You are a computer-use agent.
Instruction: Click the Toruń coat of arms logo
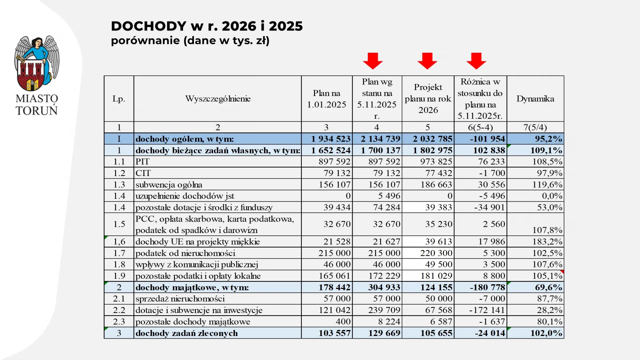37,63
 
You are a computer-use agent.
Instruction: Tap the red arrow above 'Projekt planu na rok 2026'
427,61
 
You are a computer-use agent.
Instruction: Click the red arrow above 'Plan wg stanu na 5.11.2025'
373,61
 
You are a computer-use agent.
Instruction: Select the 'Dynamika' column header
535,99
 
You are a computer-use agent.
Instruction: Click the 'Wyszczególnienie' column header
218,99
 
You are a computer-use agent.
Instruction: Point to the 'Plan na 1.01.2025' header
327,99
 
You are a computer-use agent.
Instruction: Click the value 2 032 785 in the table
433,139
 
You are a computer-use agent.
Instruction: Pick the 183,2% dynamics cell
547,242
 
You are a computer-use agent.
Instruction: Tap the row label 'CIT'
143,173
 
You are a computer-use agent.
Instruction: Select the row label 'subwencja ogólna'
169,185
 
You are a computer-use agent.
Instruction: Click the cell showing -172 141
487,310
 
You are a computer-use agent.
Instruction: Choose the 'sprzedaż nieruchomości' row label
180,299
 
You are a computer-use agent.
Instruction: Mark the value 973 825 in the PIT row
436,162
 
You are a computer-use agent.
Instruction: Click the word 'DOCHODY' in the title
149,26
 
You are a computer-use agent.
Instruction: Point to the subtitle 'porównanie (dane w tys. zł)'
190,41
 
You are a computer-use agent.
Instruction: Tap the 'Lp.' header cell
119,99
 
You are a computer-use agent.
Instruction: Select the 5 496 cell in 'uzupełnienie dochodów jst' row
389,196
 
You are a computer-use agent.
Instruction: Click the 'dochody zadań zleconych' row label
187,333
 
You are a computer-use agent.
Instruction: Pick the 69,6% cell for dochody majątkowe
548,287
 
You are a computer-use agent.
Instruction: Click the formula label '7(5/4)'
535,127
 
